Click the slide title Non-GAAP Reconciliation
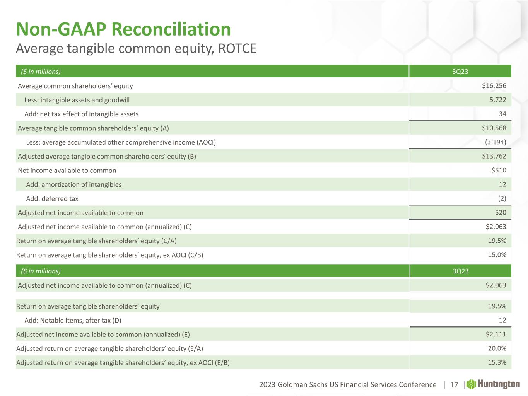(x=123, y=29)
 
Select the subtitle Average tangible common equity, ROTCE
(x=136, y=49)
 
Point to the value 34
(x=502, y=114)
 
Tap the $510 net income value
(x=498, y=170)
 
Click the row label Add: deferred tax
(x=52, y=199)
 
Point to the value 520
(x=500, y=212)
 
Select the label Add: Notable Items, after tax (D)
(x=73, y=320)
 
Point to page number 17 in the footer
(x=454, y=385)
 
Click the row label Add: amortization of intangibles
(x=74, y=184)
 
